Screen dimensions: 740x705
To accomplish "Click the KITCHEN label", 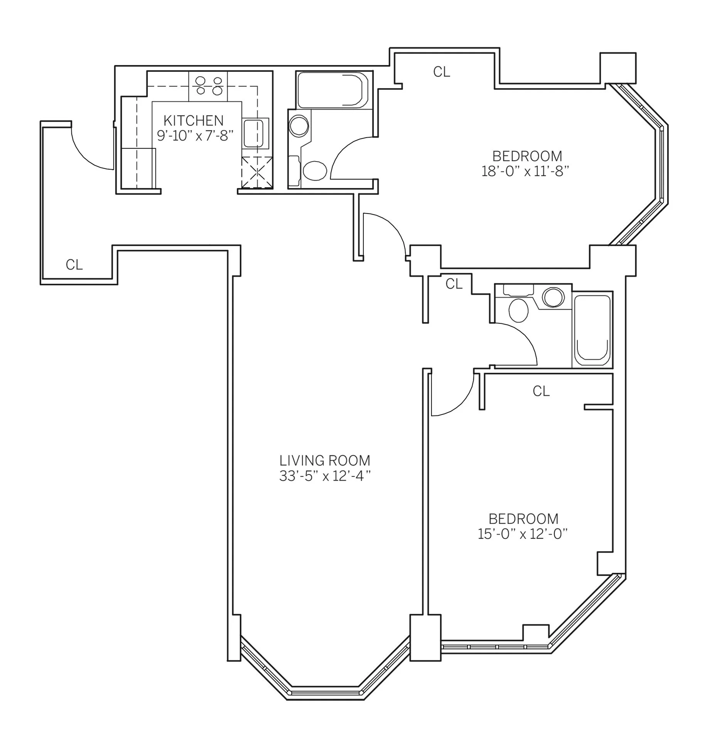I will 193,121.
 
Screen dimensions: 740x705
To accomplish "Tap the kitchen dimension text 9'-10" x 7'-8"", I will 195,136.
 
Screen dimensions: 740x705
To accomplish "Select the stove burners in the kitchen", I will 209,86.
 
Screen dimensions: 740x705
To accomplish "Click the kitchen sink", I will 254,133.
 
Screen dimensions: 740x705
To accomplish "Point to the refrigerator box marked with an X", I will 257,173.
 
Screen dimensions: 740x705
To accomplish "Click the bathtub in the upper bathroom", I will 330,90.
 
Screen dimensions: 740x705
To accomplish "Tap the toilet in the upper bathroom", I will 314,170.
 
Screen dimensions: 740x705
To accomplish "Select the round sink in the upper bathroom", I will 299,126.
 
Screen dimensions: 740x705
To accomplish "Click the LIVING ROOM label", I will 325,461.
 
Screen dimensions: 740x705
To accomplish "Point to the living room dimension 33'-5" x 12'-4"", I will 325,476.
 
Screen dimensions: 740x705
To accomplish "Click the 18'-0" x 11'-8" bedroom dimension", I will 525,171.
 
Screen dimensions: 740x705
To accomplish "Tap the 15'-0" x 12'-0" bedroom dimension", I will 523,534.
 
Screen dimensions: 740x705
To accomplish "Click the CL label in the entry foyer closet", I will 74,265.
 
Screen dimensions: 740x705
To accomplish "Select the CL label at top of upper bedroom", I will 442,72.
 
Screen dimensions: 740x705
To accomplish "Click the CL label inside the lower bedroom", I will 541,391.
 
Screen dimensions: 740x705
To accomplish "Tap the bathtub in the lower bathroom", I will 592,330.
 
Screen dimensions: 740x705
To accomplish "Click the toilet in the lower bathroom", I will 518,310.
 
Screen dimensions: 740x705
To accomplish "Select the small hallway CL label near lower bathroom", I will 454,284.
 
